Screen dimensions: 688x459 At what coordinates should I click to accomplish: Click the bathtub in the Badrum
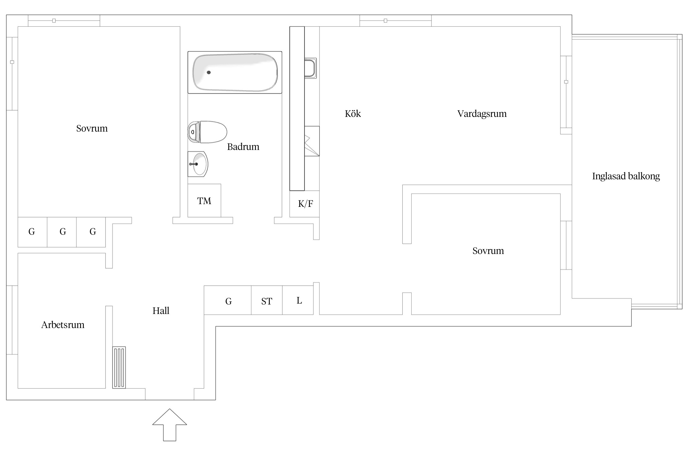pyautogui.click(x=235, y=72)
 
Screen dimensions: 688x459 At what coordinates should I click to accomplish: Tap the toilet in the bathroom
pyautogui.click(x=207, y=132)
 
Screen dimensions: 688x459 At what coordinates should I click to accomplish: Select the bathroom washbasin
pyautogui.click(x=198, y=164)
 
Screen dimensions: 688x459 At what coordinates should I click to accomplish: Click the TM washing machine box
pyautogui.click(x=204, y=200)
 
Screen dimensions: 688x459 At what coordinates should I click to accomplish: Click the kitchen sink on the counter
pyautogui.click(x=310, y=68)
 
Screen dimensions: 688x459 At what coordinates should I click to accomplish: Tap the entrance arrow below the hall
pyautogui.click(x=170, y=425)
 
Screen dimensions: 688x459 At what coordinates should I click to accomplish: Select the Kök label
pyautogui.click(x=353, y=114)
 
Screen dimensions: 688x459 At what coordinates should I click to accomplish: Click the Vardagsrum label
pyautogui.click(x=482, y=114)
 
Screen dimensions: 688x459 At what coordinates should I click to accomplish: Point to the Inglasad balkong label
pyautogui.click(x=626, y=176)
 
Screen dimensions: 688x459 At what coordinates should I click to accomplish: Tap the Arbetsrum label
pyautogui.click(x=63, y=325)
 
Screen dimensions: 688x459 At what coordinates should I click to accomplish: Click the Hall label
pyautogui.click(x=161, y=311)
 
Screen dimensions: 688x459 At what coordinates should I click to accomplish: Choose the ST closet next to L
pyautogui.click(x=267, y=300)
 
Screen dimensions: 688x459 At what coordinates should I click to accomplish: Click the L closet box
pyautogui.click(x=298, y=300)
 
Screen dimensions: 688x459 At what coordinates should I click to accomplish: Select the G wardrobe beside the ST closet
pyautogui.click(x=228, y=300)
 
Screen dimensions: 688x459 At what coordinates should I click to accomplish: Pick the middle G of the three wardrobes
pyautogui.click(x=62, y=232)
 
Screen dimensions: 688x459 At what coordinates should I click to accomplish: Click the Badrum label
pyautogui.click(x=243, y=147)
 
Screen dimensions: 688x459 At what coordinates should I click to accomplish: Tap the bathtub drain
pyautogui.click(x=209, y=73)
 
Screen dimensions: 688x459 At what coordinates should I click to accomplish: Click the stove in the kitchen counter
pyautogui.click(x=312, y=141)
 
